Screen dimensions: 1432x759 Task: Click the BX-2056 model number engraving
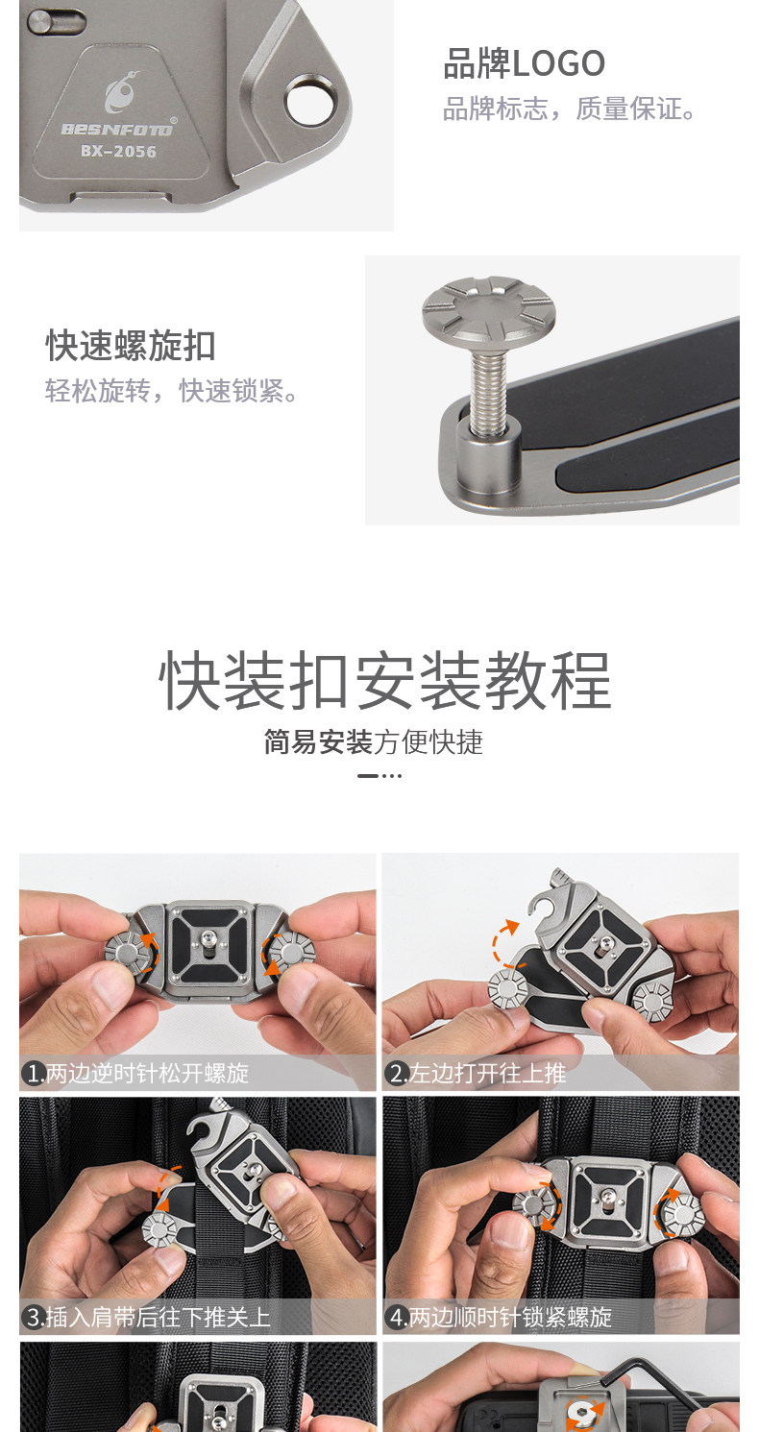tap(118, 151)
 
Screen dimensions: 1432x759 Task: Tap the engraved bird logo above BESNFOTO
tap(120, 95)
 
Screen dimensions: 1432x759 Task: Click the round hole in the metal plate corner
tap(310, 101)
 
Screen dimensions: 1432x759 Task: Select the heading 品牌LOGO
tap(524, 64)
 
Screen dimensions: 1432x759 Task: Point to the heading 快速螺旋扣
tap(131, 346)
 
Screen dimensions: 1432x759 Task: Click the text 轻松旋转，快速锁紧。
tap(173, 391)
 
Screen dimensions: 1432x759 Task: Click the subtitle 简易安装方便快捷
tap(374, 741)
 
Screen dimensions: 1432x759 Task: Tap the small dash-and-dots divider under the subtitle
tap(379, 775)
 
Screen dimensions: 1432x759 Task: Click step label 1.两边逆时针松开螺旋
tap(137, 1073)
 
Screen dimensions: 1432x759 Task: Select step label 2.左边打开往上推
tap(477, 1073)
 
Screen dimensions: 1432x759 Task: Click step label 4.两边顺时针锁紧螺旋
tap(501, 1317)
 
